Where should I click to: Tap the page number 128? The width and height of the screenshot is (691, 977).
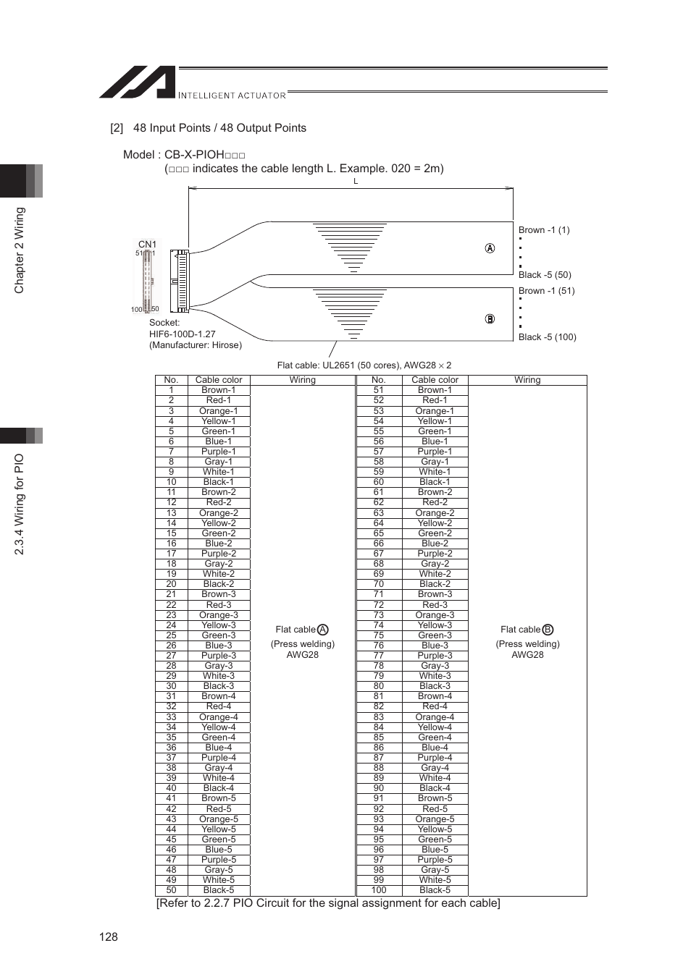109,936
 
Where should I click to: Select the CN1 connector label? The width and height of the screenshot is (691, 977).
147,245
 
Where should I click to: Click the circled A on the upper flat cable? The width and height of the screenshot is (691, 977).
490,248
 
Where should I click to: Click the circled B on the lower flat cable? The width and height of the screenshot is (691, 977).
490,319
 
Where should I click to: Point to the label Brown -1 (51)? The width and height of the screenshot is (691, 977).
546,291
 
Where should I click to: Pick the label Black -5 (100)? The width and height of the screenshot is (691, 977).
547,337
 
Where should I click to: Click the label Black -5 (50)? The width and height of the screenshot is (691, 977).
545,275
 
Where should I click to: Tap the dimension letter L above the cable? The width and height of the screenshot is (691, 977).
356,182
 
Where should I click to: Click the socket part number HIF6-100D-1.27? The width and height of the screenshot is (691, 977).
183,334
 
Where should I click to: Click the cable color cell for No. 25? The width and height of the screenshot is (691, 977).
218,635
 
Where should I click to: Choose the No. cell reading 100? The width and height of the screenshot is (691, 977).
378,890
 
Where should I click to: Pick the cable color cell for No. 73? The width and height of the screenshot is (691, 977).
435,615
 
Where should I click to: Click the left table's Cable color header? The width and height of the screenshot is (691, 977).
218,380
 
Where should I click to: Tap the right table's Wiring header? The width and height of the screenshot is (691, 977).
527,380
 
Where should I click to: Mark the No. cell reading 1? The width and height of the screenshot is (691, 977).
171,390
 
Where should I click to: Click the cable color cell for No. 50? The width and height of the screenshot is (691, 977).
218,890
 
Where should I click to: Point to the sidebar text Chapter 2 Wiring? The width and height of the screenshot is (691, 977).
20,250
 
